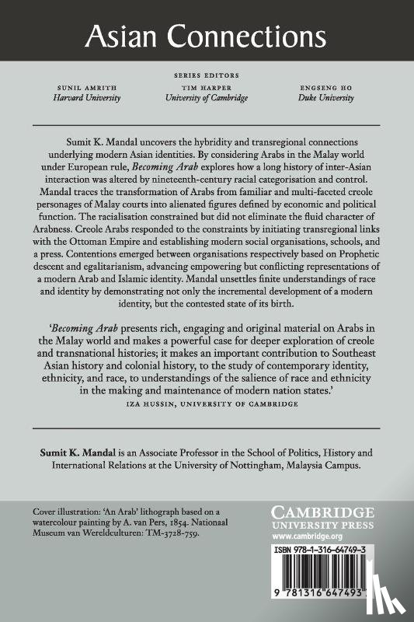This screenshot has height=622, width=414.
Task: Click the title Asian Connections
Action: (x=206, y=36)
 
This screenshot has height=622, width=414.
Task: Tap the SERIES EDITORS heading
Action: (x=207, y=76)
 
